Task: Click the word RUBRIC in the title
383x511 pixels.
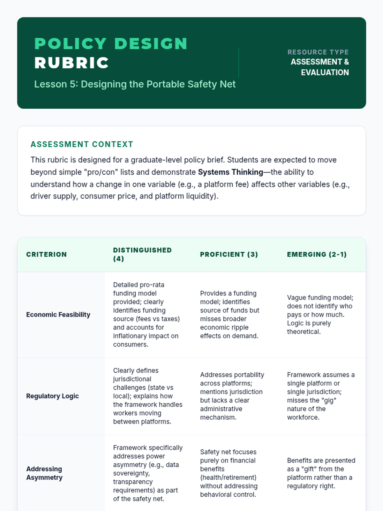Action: coord(71,63)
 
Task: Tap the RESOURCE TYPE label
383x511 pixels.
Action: coord(318,52)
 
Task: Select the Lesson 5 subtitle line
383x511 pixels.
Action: coord(135,84)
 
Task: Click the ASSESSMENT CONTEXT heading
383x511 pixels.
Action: coord(82,144)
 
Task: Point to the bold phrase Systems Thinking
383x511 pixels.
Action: coord(230,172)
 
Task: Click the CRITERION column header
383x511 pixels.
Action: coord(47,255)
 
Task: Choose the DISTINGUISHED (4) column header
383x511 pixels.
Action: coord(142,255)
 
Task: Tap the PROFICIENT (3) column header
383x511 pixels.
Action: coord(229,255)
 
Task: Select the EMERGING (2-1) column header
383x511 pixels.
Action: coord(317,255)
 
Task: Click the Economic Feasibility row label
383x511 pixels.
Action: coord(58,315)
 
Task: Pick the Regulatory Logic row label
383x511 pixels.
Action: coord(52,396)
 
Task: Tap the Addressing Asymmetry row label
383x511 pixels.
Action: coord(44,473)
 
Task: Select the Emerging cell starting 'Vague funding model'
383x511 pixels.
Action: coord(320,315)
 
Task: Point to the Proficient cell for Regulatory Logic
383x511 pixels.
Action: coord(232,396)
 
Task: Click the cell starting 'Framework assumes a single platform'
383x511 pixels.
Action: coord(320,396)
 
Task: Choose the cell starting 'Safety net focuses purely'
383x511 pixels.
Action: coord(229,473)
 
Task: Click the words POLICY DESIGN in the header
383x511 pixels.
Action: coord(111,44)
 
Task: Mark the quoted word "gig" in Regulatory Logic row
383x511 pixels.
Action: coord(330,400)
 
